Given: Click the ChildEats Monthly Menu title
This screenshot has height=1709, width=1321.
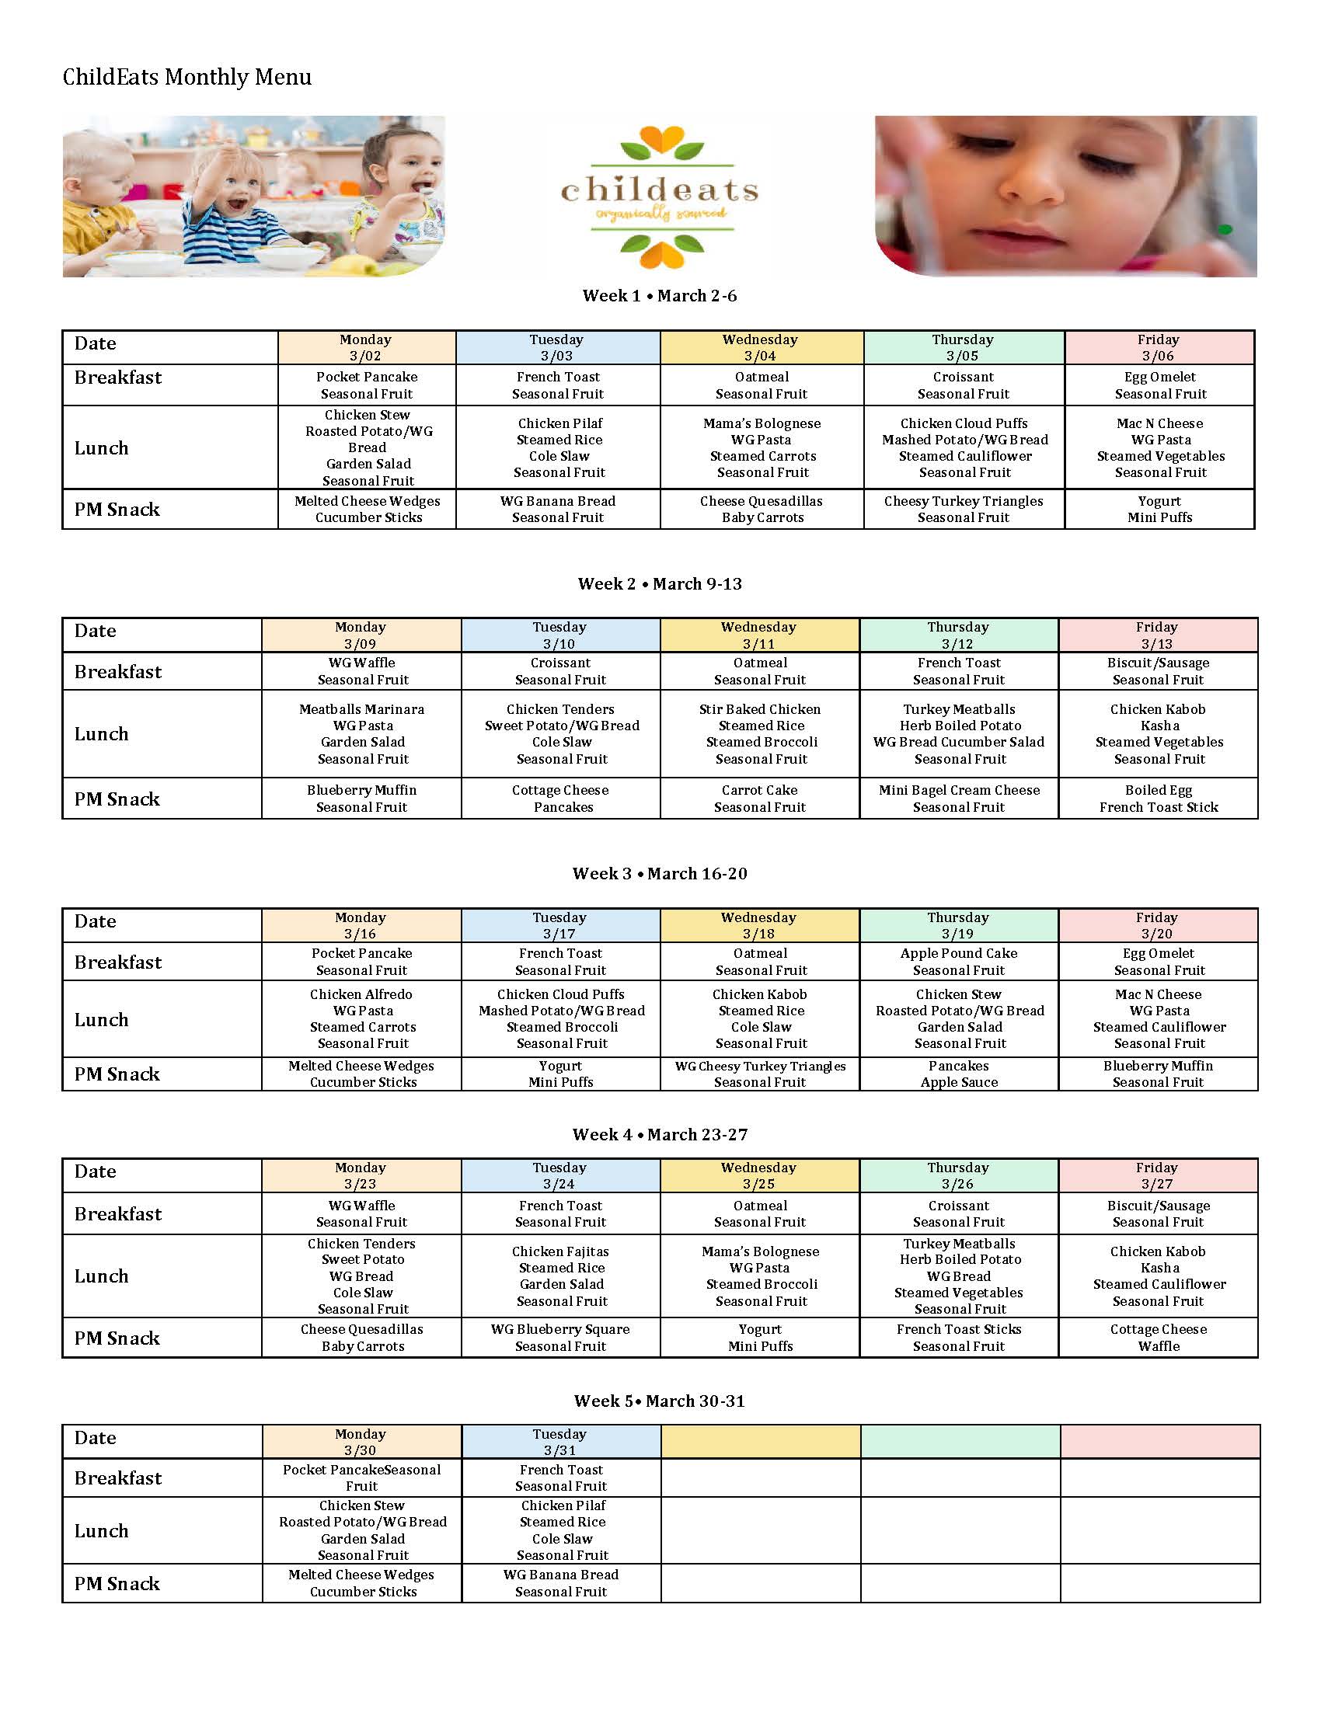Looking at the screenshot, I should (x=187, y=77).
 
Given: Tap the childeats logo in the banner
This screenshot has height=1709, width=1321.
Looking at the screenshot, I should (x=660, y=197).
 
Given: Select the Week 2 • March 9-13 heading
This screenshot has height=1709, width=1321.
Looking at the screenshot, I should (x=660, y=583).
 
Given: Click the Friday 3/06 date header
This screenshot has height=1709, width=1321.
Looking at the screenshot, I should (x=1159, y=347).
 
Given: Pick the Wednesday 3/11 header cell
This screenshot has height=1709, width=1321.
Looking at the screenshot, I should (x=758, y=635).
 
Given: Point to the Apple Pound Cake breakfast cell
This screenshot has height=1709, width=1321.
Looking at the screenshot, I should (x=959, y=961).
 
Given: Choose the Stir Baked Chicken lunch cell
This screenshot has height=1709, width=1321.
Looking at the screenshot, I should (x=760, y=733).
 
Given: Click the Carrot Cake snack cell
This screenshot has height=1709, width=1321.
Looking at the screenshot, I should (x=759, y=798).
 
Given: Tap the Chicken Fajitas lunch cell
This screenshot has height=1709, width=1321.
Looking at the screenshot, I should (x=560, y=1276).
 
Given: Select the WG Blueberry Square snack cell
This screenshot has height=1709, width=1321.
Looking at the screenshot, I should (x=560, y=1338).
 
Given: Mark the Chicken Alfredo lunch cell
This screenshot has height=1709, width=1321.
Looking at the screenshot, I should (x=361, y=1018).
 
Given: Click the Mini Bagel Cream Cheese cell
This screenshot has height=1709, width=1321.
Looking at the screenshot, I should (x=959, y=798).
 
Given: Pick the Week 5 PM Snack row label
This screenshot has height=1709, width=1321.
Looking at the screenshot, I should (x=117, y=1583).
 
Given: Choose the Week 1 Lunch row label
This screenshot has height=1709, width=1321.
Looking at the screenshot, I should (x=102, y=447).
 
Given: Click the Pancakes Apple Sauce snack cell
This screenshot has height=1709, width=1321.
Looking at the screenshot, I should (x=959, y=1074).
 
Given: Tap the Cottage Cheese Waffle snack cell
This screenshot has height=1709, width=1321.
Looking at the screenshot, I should (x=1159, y=1338).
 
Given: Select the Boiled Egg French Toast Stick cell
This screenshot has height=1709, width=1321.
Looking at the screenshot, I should (x=1159, y=798).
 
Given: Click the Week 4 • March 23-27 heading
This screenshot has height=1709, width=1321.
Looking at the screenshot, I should (x=660, y=1134).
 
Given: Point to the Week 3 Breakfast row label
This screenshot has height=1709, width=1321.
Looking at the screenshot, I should (x=118, y=962).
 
